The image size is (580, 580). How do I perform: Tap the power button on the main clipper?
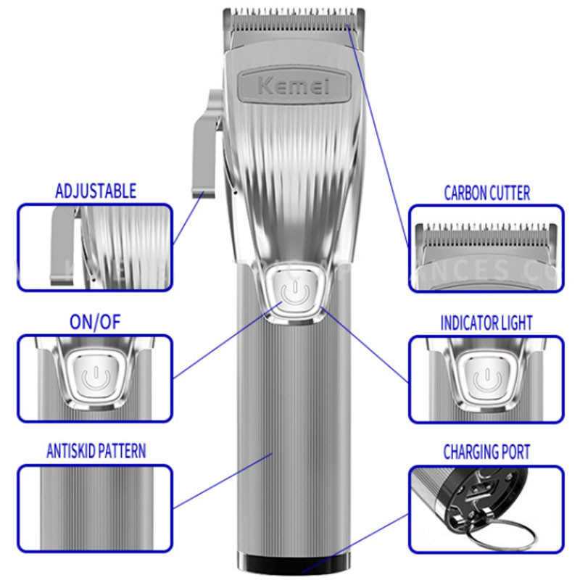(x=294, y=292)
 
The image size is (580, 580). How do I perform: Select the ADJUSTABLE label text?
(x=96, y=192)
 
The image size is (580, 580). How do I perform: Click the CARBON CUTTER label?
(x=486, y=193)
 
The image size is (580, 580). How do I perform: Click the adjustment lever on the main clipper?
(x=205, y=145)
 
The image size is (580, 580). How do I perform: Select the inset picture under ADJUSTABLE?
(x=95, y=247)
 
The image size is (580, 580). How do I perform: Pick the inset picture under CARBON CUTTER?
(x=486, y=248)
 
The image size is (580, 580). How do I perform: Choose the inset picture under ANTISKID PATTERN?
(x=95, y=506)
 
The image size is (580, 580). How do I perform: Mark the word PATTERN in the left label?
(x=120, y=452)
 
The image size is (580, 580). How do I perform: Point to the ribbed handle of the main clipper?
(x=293, y=435)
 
